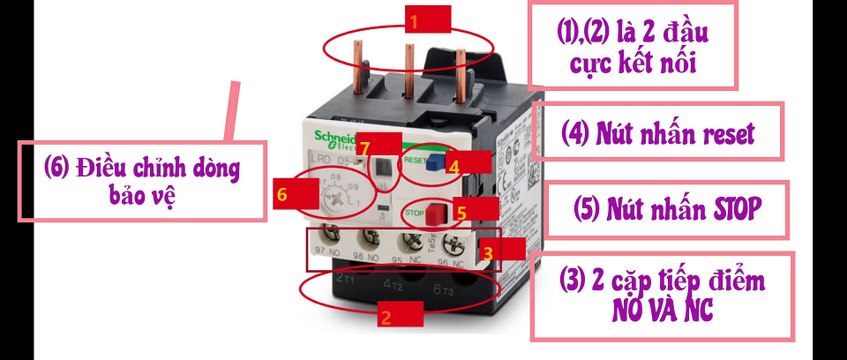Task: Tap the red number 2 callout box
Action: pyautogui.click(x=384, y=318)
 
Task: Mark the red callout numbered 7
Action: pyautogui.click(x=365, y=147)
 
